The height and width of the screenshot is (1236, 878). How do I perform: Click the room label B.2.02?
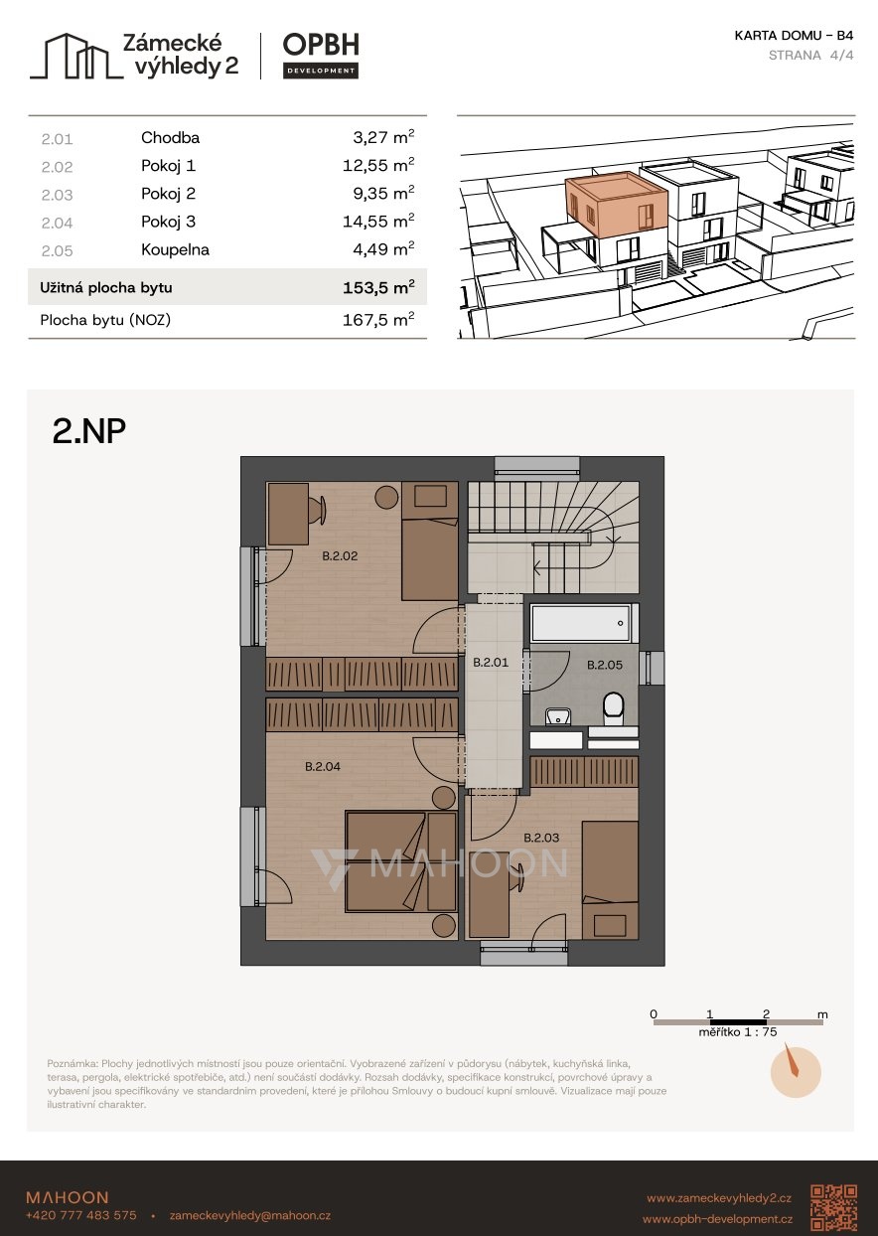click(340, 555)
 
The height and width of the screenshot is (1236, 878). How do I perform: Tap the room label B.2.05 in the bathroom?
click(605, 665)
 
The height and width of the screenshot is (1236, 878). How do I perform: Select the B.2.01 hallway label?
click(491, 662)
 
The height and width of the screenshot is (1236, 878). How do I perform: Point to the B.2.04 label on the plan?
click(323, 766)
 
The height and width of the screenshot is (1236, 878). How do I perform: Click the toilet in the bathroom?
click(613, 709)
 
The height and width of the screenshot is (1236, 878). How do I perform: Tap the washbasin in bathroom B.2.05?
click(558, 716)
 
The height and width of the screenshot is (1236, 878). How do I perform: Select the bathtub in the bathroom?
click(581, 624)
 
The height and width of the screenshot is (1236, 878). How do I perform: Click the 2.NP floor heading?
click(89, 431)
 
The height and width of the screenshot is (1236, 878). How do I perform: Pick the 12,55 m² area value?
click(378, 165)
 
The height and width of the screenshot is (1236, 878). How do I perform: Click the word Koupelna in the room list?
click(176, 249)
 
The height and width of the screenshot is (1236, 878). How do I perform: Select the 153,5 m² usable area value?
click(378, 287)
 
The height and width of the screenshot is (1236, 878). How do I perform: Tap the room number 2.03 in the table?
click(57, 195)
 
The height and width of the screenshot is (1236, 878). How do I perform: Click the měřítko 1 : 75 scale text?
click(737, 1032)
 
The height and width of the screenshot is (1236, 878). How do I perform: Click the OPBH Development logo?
click(321, 56)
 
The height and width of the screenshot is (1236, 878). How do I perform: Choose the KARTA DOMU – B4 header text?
click(794, 36)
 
